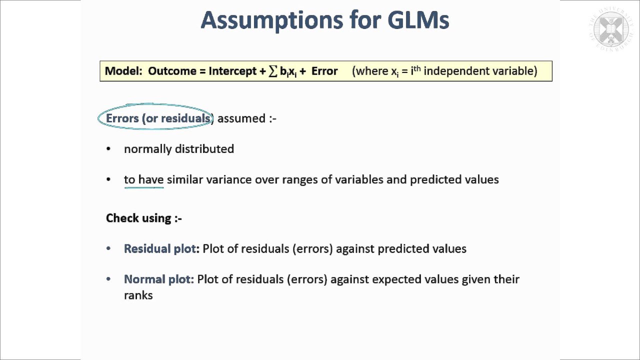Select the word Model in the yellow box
point(122,71)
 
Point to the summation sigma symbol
point(273,71)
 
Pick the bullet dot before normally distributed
point(109,149)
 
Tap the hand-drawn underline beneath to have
point(144,187)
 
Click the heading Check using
point(143,218)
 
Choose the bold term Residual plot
point(160,249)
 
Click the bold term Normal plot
point(158,279)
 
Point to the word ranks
point(138,295)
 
